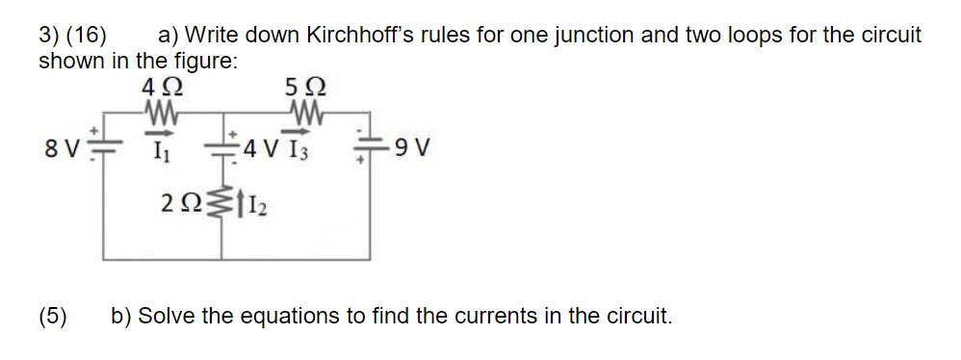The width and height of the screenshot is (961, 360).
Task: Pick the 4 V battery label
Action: click(x=261, y=150)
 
